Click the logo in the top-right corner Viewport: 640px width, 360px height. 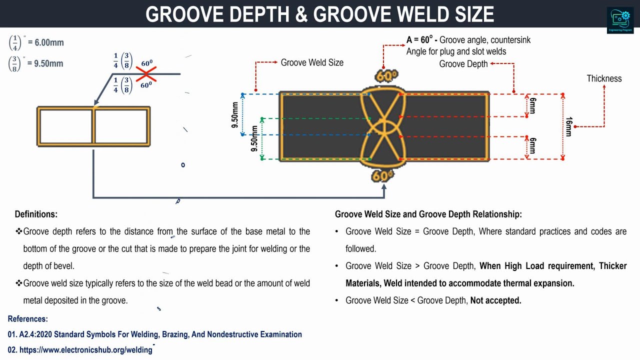[620, 20]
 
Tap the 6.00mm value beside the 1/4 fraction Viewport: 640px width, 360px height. [49, 42]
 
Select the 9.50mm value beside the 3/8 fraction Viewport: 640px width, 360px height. [48, 63]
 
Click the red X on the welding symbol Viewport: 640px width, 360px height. [145, 74]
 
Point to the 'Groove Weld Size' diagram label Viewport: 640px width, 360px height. [312, 62]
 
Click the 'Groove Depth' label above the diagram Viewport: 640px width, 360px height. [463, 63]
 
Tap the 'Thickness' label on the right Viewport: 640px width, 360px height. [604, 78]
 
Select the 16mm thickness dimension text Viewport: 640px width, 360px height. [568, 126]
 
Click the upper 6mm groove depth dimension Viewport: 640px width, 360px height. [532, 105]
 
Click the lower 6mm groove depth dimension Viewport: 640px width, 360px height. [532, 146]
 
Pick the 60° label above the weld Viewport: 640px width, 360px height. [386, 76]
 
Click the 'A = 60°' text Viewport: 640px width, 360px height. [419, 40]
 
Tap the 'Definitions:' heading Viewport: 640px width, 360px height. [36, 214]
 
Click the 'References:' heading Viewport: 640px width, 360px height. [28, 318]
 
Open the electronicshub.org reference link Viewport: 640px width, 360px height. [85, 350]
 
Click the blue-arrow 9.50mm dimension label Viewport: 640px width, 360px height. [235, 115]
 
